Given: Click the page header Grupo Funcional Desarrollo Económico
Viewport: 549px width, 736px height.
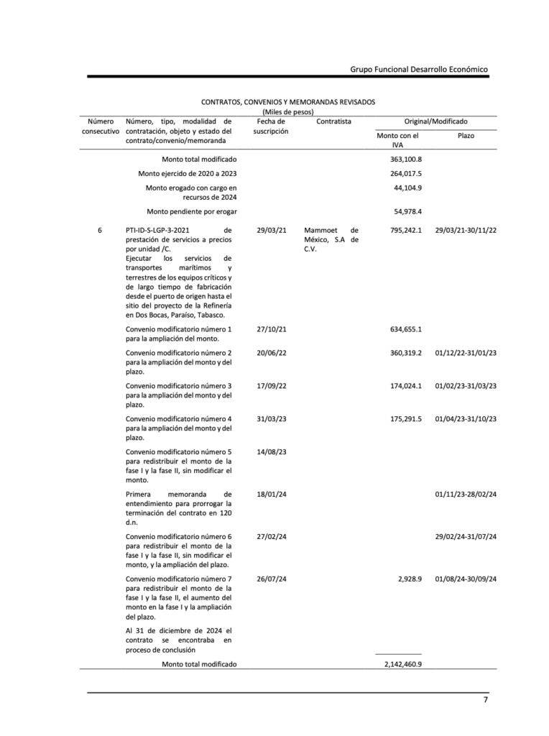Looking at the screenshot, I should [419, 69].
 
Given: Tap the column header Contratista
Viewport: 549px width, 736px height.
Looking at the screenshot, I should [333, 121].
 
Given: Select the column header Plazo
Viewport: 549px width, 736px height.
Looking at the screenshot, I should [466, 135].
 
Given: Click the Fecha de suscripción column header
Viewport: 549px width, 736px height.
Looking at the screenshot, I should [271, 126].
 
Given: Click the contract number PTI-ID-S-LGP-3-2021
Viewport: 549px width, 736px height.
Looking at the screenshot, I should [157, 230].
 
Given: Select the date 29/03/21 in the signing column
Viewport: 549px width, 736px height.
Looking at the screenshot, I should [271, 230].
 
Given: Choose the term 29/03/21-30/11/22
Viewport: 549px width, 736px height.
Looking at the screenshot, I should [466, 230].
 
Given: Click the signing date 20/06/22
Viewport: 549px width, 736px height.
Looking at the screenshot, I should [271, 353].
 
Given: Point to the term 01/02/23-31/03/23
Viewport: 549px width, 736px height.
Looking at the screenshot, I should [466, 386].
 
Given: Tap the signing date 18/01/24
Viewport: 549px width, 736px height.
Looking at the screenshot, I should [271, 494].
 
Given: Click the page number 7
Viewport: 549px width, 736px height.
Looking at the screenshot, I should [486, 701].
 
